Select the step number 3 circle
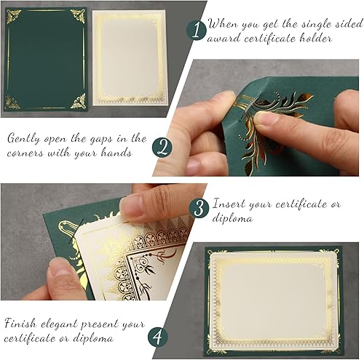pyautogui.click(x=197, y=208)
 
